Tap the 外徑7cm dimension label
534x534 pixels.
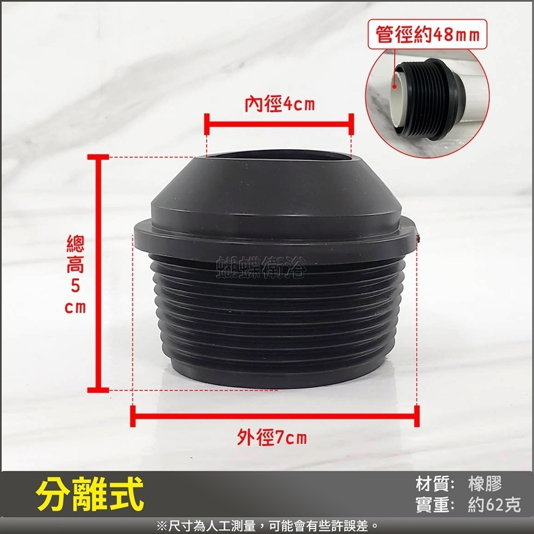[x=272, y=438]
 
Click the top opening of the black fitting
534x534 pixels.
[x=278, y=157]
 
